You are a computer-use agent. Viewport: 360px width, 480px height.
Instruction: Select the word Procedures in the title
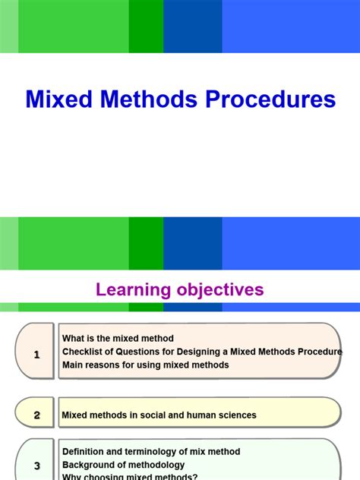pos(269,99)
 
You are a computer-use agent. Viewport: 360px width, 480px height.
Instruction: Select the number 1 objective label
pos(36,353)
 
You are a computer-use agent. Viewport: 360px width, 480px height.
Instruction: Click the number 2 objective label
pos(36,415)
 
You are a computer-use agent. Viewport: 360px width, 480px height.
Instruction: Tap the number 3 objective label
pos(36,466)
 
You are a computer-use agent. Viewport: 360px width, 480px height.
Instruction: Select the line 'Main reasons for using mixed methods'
pos(145,365)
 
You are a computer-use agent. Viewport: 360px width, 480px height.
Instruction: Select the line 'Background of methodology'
pos(123,464)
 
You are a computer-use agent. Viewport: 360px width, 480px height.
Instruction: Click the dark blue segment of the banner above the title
pos(192,27)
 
